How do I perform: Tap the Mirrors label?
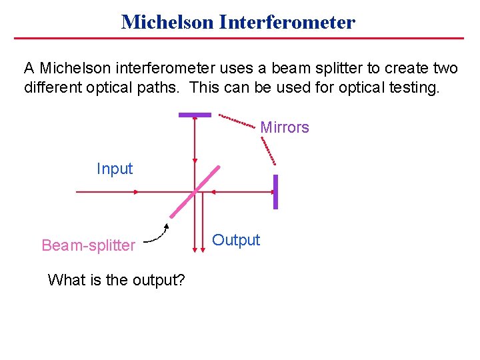coord(285,127)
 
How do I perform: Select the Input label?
coord(115,169)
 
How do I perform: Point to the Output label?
coord(236,240)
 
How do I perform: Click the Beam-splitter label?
coord(88,245)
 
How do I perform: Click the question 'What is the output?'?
coord(117,280)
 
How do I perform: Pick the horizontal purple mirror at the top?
coord(195,115)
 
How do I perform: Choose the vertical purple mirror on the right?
coord(275,192)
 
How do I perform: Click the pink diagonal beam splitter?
coord(195,192)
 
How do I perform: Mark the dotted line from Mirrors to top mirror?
coord(237,121)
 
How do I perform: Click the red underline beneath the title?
coord(239,39)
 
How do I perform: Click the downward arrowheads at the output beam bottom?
coord(199,250)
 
